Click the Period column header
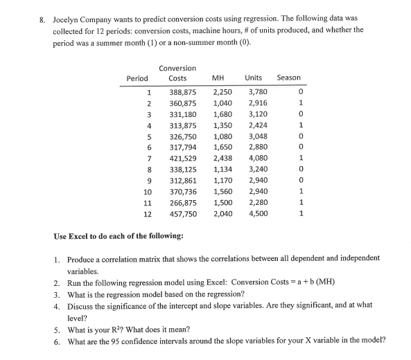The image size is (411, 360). pyautogui.click(x=137, y=78)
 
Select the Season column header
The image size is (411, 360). pyautogui.click(x=288, y=78)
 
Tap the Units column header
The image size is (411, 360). pyautogui.click(x=253, y=78)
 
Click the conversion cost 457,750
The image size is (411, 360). pyautogui.click(x=183, y=215)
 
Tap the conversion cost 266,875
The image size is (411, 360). pyautogui.click(x=183, y=204)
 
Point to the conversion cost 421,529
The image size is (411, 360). pyautogui.click(x=183, y=159)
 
